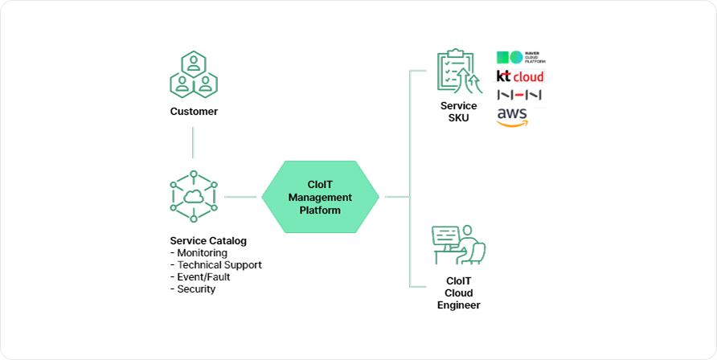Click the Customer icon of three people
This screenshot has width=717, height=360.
pyautogui.click(x=194, y=74)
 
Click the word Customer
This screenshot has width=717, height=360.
pyautogui.click(x=194, y=112)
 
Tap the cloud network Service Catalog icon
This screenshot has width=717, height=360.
pyautogui.click(x=193, y=195)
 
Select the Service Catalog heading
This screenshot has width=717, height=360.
pyautogui.click(x=208, y=240)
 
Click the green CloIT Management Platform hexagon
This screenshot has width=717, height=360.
pyautogui.click(x=320, y=197)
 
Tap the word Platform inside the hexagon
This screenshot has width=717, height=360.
pyautogui.click(x=320, y=211)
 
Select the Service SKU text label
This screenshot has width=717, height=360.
pyautogui.click(x=458, y=112)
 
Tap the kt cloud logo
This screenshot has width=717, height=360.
pyautogui.click(x=520, y=77)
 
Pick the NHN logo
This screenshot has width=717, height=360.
pyautogui.click(x=520, y=95)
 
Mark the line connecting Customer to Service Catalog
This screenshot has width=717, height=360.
pyautogui.click(x=193, y=142)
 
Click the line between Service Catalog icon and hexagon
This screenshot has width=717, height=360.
pyautogui.click(x=240, y=196)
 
